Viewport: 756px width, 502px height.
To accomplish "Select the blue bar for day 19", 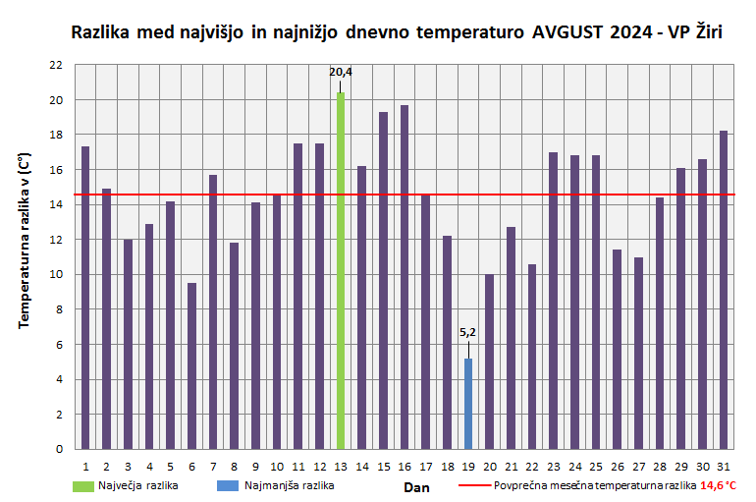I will pos(468,403).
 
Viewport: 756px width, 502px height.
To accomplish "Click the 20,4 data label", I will pos(341,72).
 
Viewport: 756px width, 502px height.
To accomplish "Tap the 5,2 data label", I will pos(468,333).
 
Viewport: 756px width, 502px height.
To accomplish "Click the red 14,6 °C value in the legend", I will pos(718,485).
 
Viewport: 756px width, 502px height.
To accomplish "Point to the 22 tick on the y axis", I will pos(56,65).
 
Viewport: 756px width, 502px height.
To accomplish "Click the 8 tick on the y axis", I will pos(59,309).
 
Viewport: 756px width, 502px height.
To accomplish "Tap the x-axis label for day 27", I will pos(638,466).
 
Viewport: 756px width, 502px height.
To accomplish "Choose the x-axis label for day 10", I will pos(277,466).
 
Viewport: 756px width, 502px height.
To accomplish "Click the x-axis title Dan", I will pos(416,486).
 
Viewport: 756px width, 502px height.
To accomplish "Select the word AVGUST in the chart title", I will pos(566,32).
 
